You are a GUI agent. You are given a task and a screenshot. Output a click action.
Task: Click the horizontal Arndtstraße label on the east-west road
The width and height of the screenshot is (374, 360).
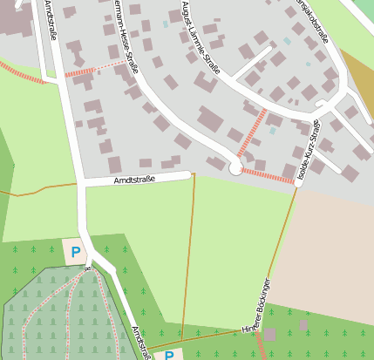(134, 180)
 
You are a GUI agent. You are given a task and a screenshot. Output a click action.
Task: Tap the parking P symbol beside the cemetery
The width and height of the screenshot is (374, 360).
(76, 252)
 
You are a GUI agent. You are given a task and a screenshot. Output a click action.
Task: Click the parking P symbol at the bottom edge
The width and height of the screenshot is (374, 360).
(169, 355)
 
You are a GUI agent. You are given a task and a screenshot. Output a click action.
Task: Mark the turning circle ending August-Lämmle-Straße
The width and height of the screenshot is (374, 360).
(235, 169)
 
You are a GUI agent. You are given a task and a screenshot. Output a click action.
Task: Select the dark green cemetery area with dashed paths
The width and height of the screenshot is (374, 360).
(61, 314)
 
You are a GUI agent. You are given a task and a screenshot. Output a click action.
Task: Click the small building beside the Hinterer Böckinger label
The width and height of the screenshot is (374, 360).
(270, 334)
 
